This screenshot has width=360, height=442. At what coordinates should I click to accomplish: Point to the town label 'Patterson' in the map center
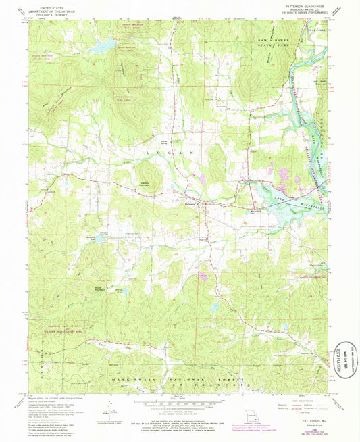click(191, 198)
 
